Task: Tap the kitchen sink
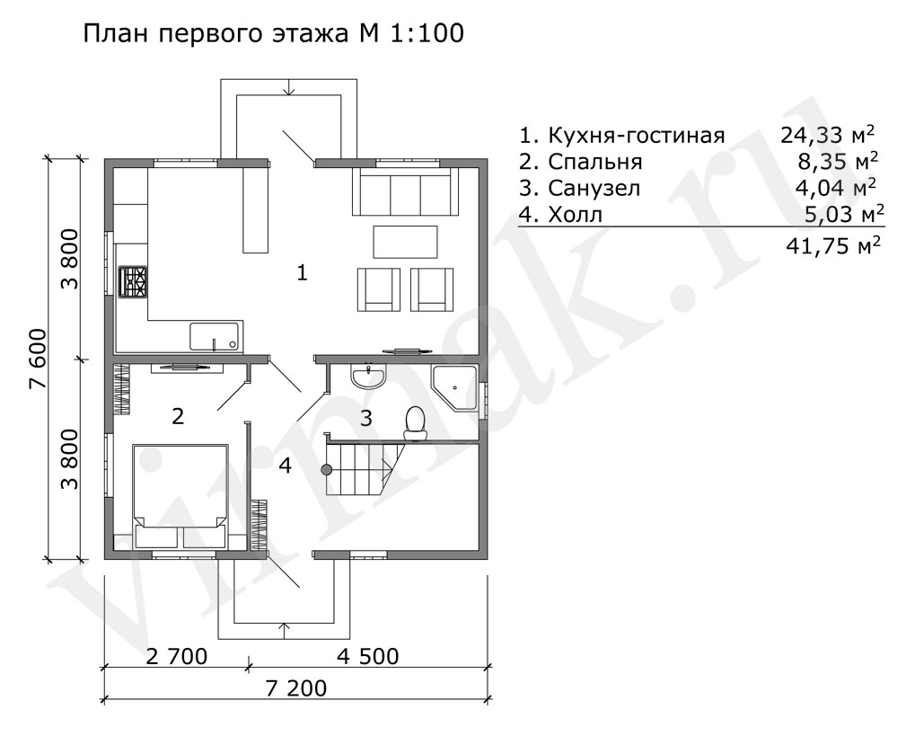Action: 216,336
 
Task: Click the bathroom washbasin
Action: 368,376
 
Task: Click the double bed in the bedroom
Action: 180,496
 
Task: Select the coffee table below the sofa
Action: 406,242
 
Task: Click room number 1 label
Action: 302,272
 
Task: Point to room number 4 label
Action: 285,466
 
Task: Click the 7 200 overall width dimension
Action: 296,688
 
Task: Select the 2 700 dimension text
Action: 176,656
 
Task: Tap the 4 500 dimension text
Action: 368,656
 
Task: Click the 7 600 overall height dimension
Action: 37,359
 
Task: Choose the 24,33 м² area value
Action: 828,135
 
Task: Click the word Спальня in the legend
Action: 595,162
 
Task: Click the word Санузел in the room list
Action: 594,188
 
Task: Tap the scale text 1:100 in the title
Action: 426,33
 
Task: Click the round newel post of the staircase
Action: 326,468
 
